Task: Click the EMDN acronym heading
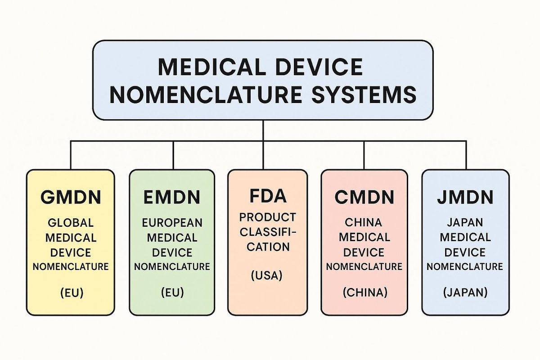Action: [172, 197]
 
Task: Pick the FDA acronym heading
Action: [267, 196]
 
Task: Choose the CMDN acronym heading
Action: [364, 197]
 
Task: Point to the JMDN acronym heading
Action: [465, 197]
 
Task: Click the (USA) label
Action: [267, 275]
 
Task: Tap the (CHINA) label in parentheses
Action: [364, 292]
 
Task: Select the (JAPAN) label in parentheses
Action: [465, 292]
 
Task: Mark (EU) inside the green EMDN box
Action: [172, 292]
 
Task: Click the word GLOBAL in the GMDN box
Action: [71, 223]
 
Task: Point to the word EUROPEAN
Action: [172, 223]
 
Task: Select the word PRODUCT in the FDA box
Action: [267, 218]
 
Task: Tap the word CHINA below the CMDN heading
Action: [364, 222]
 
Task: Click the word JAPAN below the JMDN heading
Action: [465, 222]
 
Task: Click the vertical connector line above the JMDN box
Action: [466, 155]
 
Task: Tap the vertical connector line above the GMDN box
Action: [71, 155]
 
